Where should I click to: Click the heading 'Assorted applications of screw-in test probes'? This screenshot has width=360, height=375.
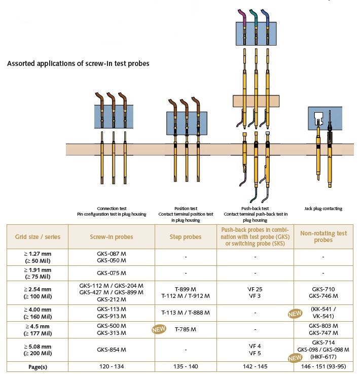click(78, 64)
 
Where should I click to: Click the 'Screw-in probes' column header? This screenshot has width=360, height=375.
click(112, 236)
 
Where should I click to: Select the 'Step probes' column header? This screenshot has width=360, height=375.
click(186, 236)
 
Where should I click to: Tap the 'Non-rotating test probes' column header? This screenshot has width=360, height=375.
click(324, 236)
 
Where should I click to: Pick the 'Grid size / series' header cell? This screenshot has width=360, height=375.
click(37, 236)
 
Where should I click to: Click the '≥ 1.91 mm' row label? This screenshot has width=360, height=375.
click(37, 273)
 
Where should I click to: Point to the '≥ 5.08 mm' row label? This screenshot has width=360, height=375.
click(37, 350)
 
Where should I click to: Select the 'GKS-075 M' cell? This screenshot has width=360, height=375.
click(112, 273)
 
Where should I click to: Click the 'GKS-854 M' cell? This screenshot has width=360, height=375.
click(112, 350)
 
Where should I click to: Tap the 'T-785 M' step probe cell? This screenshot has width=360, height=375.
click(186, 329)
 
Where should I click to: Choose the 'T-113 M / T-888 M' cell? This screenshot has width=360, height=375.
click(186, 312)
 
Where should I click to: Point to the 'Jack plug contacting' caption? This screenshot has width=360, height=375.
click(323, 209)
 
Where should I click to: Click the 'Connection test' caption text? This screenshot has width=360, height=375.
click(112, 209)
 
